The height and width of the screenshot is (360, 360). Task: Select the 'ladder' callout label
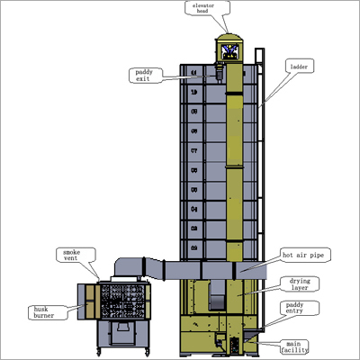tap(300, 67)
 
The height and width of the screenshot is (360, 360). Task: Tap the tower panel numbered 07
tap(193, 151)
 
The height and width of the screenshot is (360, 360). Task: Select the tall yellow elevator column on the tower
tap(233, 162)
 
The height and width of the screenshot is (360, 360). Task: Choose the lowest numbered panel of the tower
tap(193, 245)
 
